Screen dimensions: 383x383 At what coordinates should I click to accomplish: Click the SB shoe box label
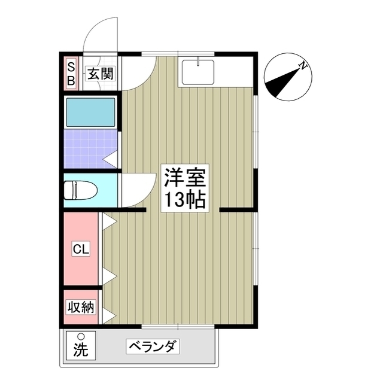(71, 73)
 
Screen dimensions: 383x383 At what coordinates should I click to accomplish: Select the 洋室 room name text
(186, 178)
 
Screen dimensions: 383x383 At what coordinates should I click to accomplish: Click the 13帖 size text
(186, 199)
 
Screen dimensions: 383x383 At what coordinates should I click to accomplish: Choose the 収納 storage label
(81, 308)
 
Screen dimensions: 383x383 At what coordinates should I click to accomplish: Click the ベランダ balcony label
(152, 346)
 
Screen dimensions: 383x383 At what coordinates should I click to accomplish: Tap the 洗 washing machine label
(80, 349)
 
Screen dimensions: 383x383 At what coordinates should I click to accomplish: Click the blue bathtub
(91, 113)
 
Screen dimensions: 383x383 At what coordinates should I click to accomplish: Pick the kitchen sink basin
(197, 72)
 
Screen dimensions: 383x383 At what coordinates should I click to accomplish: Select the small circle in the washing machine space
(80, 337)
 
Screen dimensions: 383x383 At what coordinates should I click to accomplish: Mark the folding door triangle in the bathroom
(111, 159)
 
